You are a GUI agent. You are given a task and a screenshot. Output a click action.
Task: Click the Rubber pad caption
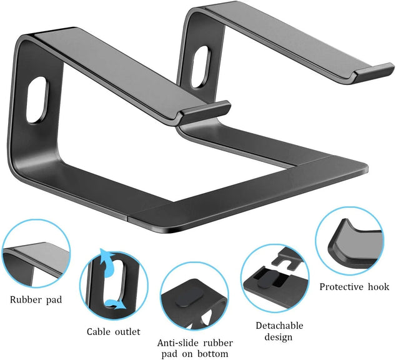36,299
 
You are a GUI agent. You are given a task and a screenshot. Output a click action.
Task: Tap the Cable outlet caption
113,332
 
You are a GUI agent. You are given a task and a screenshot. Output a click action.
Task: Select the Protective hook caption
354,287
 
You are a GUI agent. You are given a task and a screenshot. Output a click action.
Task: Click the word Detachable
280,326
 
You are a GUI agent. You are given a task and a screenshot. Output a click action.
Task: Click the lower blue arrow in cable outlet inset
116,304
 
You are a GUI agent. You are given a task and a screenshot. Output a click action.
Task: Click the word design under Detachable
279,337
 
